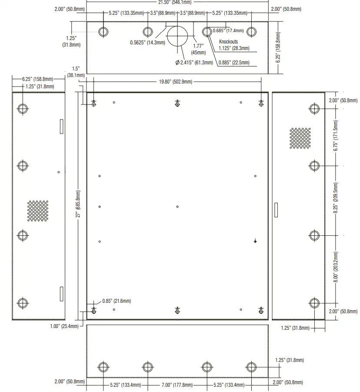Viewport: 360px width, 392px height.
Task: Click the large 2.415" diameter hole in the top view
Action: click(177, 36)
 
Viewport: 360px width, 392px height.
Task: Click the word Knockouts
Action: click(228, 42)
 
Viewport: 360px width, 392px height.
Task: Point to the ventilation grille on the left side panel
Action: click(38, 211)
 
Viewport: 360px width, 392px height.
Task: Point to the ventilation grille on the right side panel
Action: click(300, 138)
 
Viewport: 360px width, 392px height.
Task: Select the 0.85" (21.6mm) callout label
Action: click(117, 301)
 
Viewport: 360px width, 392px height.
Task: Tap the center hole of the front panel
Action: click(177, 207)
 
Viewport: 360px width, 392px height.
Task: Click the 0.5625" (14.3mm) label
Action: click(147, 43)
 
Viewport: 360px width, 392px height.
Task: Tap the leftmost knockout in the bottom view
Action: click(103, 367)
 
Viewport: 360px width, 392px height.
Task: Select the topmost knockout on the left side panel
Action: click(23, 108)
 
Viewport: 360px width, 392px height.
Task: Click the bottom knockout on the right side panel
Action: click(314, 303)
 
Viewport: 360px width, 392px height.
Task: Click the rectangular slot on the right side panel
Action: click(275, 210)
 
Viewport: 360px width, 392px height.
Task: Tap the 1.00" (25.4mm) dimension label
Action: click(64, 326)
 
